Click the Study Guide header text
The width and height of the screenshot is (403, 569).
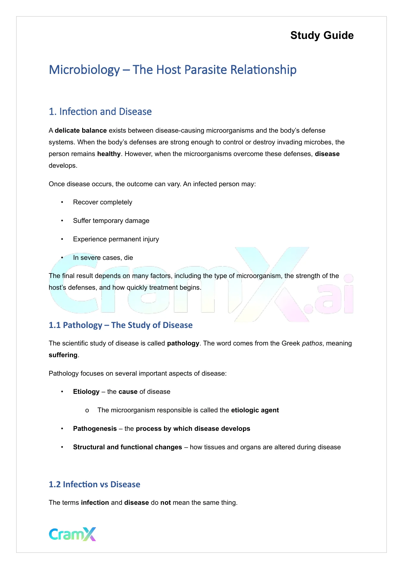[x=322, y=35]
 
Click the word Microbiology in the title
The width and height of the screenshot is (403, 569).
[x=84, y=70]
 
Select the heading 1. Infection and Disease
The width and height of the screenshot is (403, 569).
[x=100, y=112]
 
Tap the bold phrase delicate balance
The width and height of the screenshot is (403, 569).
[x=81, y=130]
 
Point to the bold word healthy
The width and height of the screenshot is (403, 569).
[x=109, y=154]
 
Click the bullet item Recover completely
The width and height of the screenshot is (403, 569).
[x=103, y=202]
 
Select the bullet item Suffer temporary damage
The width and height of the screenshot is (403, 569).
[x=111, y=221]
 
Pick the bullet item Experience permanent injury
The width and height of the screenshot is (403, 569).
[x=116, y=239]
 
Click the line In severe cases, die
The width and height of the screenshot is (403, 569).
[x=103, y=258]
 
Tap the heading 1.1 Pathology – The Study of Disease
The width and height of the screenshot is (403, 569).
[x=120, y=325]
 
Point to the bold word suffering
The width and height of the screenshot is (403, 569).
[x=63, y=355]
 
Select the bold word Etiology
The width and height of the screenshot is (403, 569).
[x=86, y=392]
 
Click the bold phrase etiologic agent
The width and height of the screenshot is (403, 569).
[x=255, y=410]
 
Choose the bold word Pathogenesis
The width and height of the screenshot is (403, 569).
[x=95, y=429]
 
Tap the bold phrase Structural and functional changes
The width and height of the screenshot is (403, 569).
[x=127, y=447]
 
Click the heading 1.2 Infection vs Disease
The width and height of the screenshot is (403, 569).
[x=94, y=484]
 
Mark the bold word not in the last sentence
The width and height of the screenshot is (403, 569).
[x=165, y=502]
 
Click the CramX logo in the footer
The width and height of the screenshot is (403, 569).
[x=72, y=534]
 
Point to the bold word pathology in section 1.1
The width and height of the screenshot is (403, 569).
[x=183, y=343]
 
